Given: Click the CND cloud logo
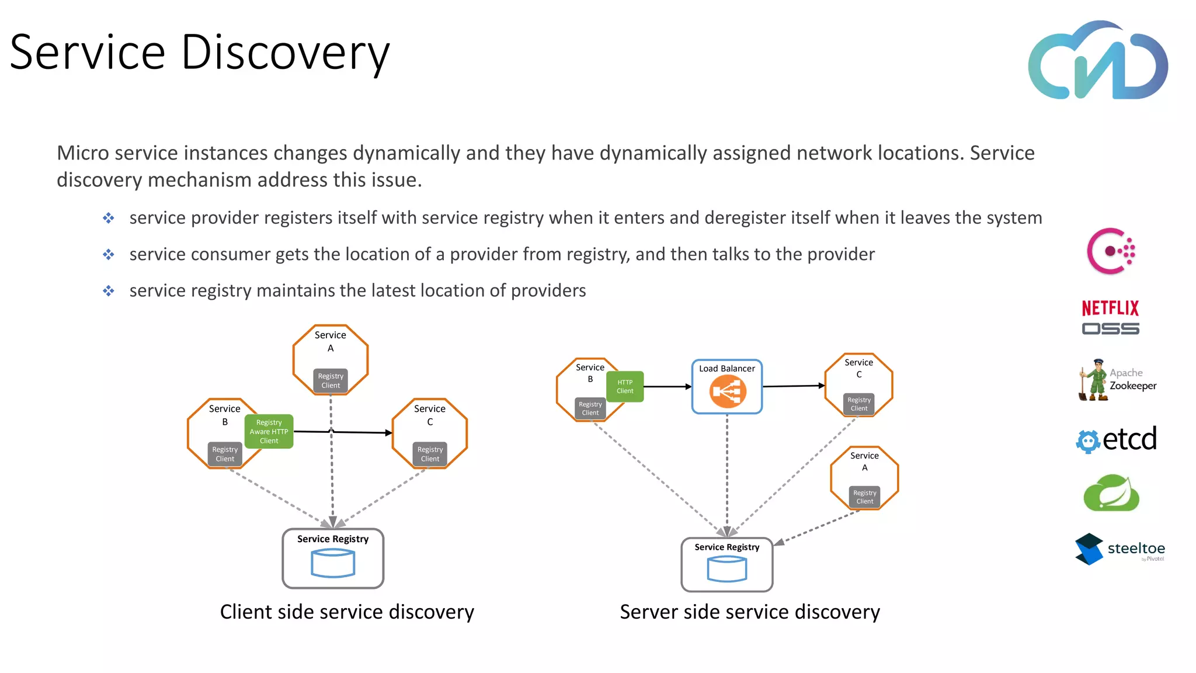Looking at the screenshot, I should [x=1098, y=61].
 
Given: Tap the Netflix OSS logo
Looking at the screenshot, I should [x=1110, y=317].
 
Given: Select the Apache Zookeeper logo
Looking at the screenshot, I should [x=1117, y=380].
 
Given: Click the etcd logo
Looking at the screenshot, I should [x=1116, y=439].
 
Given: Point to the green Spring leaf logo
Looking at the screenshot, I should [x=1111, y=494].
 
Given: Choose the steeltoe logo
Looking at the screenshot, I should [x=1119, y=549].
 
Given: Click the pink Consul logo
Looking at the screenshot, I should [x=1110, y=251].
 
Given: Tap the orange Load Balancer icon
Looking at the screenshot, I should [x=727, y=391].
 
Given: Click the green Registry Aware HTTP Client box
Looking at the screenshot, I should [x=269, y=432].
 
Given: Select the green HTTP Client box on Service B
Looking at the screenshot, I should [x=625, y=387].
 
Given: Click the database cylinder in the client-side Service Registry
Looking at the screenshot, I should [x=333, y=564].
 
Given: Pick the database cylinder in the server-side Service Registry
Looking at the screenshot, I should [x=726, y=569].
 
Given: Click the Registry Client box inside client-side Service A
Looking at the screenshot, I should [x=331, y=381].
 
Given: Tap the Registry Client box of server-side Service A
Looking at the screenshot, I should [x=864, y=497].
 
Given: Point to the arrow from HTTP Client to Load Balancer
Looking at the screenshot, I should [x=667, y=387].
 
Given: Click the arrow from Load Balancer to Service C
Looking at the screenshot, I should [x=793, y=386].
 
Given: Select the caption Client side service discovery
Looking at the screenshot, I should [x=347, y=612].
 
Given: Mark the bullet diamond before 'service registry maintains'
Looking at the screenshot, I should [x=109, y=291].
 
